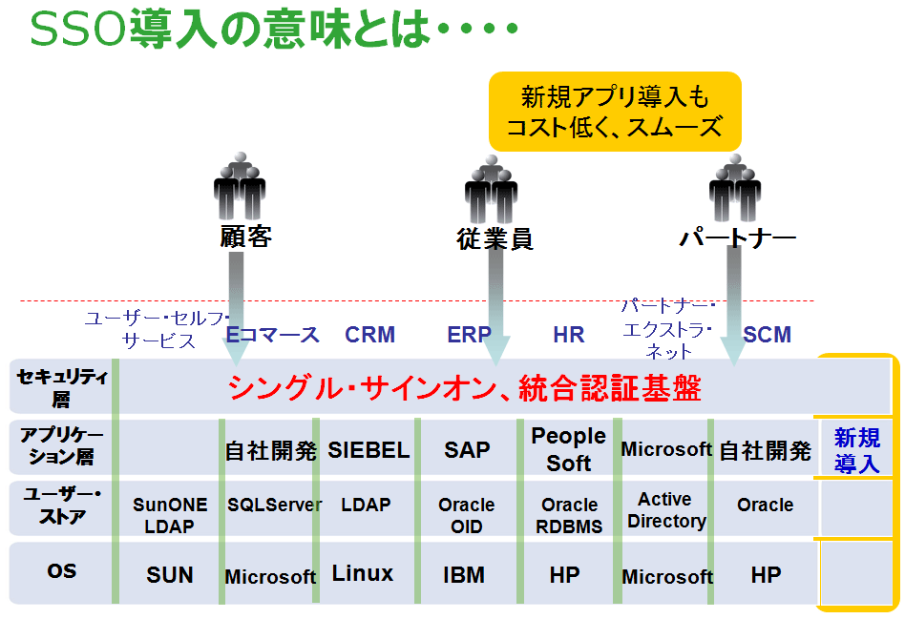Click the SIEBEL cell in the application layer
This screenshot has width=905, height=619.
(x=368, y=450)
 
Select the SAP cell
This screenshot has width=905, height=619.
(x=467, y=450)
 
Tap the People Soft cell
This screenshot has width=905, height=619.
(x=569, y=449)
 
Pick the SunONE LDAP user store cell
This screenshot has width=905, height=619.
(x=170, y=515)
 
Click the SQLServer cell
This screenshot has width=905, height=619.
(x=274, y=506)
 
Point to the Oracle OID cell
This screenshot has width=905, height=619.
(x=467, y=515)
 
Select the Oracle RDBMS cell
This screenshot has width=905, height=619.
(x=569, y=515)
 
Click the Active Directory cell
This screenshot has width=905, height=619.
(x=666, y=510)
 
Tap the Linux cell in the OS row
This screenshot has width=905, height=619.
(x=363, y=573)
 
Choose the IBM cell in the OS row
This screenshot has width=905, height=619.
(x=464, y=575)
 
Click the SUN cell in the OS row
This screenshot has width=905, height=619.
(x=170, y=575)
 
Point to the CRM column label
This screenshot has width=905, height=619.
(x=370, y=335)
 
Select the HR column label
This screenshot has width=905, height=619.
(x=569, y=335)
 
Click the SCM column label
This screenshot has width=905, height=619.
(x=768, y=335)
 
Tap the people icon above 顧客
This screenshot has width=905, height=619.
(x=240, y=185)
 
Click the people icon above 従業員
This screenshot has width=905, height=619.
(x=492, y=189)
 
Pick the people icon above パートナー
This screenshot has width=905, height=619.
(x=735, y=187)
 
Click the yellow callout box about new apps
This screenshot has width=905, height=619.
(x=615, y=112)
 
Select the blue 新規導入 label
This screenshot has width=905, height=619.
(x=857, y=450)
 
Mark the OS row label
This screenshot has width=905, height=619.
(x=62, y=571)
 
